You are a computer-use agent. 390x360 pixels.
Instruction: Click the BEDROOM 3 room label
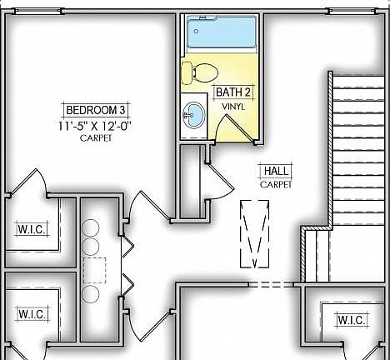pyautogui.click(x=97, y=109)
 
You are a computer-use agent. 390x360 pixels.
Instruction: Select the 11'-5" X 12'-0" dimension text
pyautogui.click(x=96, y=126)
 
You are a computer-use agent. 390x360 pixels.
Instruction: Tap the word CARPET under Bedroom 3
pyautogui.click(x=96, y=138)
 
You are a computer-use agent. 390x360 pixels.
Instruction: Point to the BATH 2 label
pyautogui.click(x=233, y=92)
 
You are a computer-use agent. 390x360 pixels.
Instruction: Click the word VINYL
pyautogui.click(x=233, y=107)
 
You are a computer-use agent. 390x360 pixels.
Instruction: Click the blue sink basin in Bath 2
pyautogui.click(x=195, y=112)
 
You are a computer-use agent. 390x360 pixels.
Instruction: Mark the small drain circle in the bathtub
pyautogui.click(x=193, y=24)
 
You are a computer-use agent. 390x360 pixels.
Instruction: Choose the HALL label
pyautogui.click(x=276, y=171)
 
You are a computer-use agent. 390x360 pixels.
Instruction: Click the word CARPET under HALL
pyautogui.click(x=276, y=184)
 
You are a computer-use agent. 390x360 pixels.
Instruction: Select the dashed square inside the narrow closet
pyautogui.click(x=94, y=271)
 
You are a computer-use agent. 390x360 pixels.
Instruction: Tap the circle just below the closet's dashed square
pyautogui.click(x=91, y=297)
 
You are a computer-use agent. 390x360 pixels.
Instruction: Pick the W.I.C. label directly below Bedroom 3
pyautogui.click(x=32, y=228)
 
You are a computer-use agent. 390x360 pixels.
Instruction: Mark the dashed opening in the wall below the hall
pyautogui.click(x=272, y=284)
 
